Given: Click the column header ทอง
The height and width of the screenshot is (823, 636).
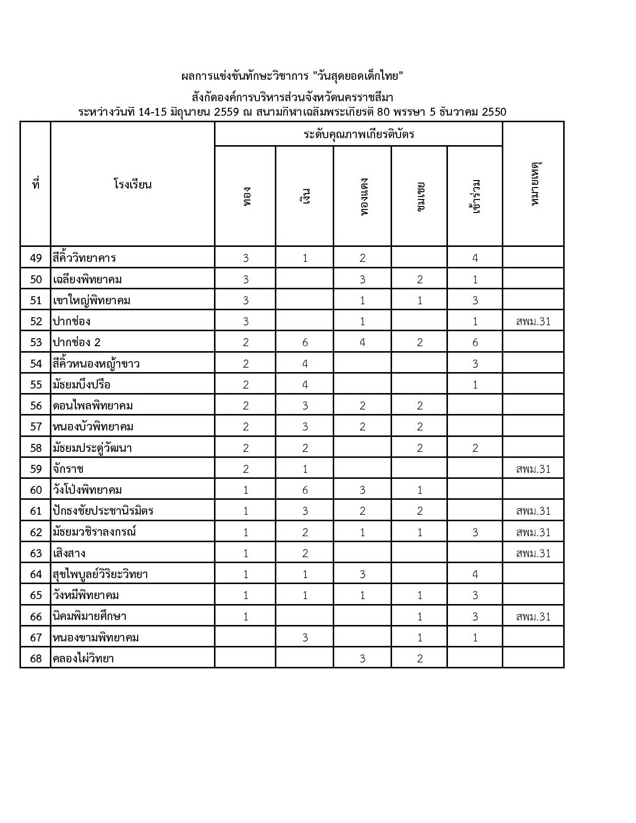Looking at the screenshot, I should point(246,197).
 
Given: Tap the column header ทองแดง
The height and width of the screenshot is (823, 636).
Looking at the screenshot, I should point(363,197).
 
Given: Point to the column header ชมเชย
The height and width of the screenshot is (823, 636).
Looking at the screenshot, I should point(420,197).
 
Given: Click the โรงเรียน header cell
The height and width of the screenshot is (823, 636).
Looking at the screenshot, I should point(132,185).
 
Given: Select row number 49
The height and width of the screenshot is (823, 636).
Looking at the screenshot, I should point(36,258).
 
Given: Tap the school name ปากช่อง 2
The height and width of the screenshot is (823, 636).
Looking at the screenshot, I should point(77,342).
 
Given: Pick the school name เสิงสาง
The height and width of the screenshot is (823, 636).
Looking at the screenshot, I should point(69,553).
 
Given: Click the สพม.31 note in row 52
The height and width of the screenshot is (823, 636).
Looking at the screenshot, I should point(533,321).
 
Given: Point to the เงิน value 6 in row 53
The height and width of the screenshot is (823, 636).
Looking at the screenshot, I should point(305,342).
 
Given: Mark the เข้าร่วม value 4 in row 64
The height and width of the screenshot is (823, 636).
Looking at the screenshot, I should point(475,574).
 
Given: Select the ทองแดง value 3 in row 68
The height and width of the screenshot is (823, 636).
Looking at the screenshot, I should point(363,658).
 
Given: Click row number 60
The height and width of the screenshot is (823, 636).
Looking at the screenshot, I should point(36,490).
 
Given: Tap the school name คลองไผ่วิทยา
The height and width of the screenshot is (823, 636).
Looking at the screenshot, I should point(83,658).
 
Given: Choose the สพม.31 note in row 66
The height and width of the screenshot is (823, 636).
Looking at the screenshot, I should point(533,617).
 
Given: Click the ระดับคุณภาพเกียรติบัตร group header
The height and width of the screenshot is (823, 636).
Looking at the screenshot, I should point(359,134).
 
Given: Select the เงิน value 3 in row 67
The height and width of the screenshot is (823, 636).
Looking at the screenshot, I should point(305,637).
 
